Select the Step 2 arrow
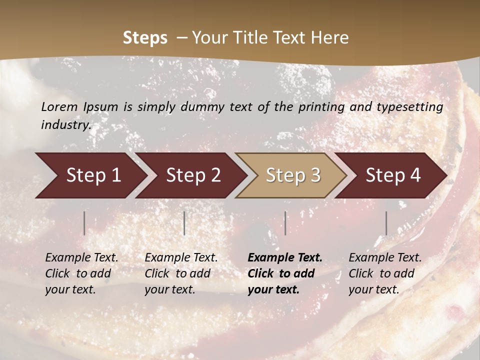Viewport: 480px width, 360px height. pos(192,175)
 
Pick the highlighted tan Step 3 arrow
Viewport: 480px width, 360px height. pos(292,175)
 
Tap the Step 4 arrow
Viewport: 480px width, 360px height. pos(392,175)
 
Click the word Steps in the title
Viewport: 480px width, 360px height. pos(145,38)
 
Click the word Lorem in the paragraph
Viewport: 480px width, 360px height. pos(59,106)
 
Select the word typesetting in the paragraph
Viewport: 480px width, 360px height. pos(413,106)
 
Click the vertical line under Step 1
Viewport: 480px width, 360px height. pos(84,223)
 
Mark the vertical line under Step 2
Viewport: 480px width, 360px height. pos(184,223)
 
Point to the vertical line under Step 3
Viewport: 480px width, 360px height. pos(285,223)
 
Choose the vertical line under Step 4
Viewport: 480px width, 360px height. pos(386,223)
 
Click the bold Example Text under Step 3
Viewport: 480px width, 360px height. pos(285,258)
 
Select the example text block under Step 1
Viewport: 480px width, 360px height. pos(81,273)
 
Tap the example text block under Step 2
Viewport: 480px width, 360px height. pos(181,273)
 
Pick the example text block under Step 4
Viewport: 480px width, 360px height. pos(385,273)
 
